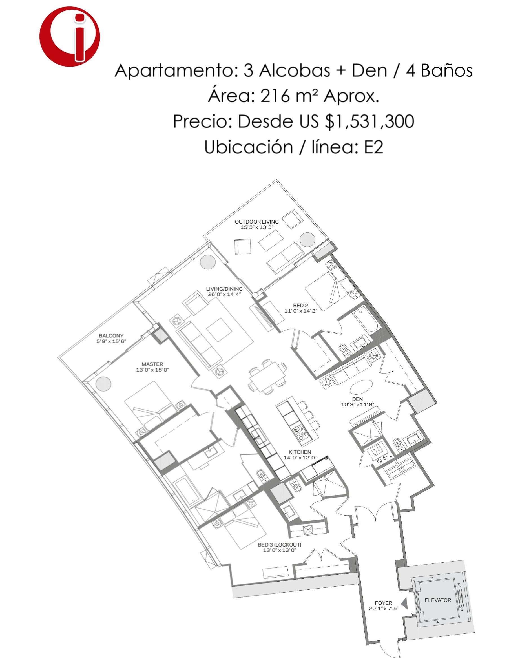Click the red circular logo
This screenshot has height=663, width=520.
pyautogui.click(x=70, y=37)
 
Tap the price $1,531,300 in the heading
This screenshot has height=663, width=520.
pyautogui.click(x=369, y=121)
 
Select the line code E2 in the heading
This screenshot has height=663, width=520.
pyautogui.click(x=373, y=147)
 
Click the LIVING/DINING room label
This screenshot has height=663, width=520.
pyautogui.click(x=224, y=289)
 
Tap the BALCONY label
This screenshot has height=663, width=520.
pyautogui.click(x=111, y=336)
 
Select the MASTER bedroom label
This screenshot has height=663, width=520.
pyautogui.click(x=152, y=364)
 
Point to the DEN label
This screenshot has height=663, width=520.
pyautogui.click(x=357, y=399)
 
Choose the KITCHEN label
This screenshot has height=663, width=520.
pyautogui.click(x=300, y=452)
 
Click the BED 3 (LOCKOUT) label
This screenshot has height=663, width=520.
pyautogui.click(x=280, y=545)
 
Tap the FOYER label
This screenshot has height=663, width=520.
pyautogui.click(x=384, y=603)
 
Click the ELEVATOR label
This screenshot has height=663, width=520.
pyautogui.click(x=438, y=600)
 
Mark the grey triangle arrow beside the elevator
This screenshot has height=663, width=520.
pyautogui.click(x=405, y=603)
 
